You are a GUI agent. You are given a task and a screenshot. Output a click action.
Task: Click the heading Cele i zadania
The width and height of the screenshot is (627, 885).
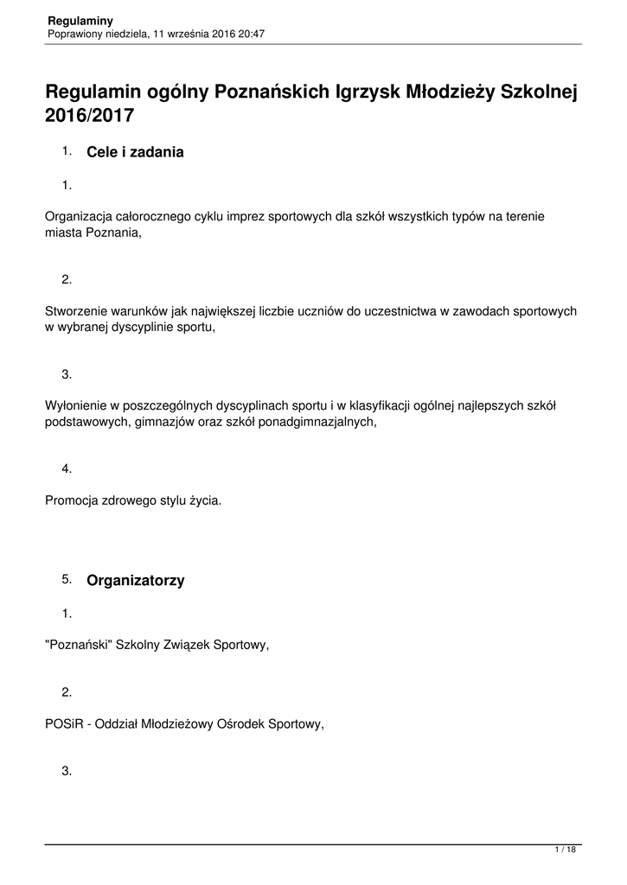click(136, 152)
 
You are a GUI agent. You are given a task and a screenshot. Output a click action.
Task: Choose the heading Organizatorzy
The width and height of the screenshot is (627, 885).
click(136, 581)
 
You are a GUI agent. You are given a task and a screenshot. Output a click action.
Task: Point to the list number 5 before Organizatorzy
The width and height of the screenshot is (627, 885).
click(66, 579)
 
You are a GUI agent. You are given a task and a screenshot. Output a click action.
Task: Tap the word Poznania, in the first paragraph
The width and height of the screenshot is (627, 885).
click(111, 232)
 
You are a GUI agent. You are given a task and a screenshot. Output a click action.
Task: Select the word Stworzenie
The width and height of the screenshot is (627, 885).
click(78, 311)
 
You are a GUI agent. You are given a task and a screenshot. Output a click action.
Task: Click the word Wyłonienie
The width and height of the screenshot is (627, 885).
click(77, 405)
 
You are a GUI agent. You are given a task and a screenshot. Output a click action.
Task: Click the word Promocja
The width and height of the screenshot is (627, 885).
click(73, 500)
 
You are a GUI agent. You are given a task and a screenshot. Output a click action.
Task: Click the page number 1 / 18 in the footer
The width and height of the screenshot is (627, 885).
click(565, 850)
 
